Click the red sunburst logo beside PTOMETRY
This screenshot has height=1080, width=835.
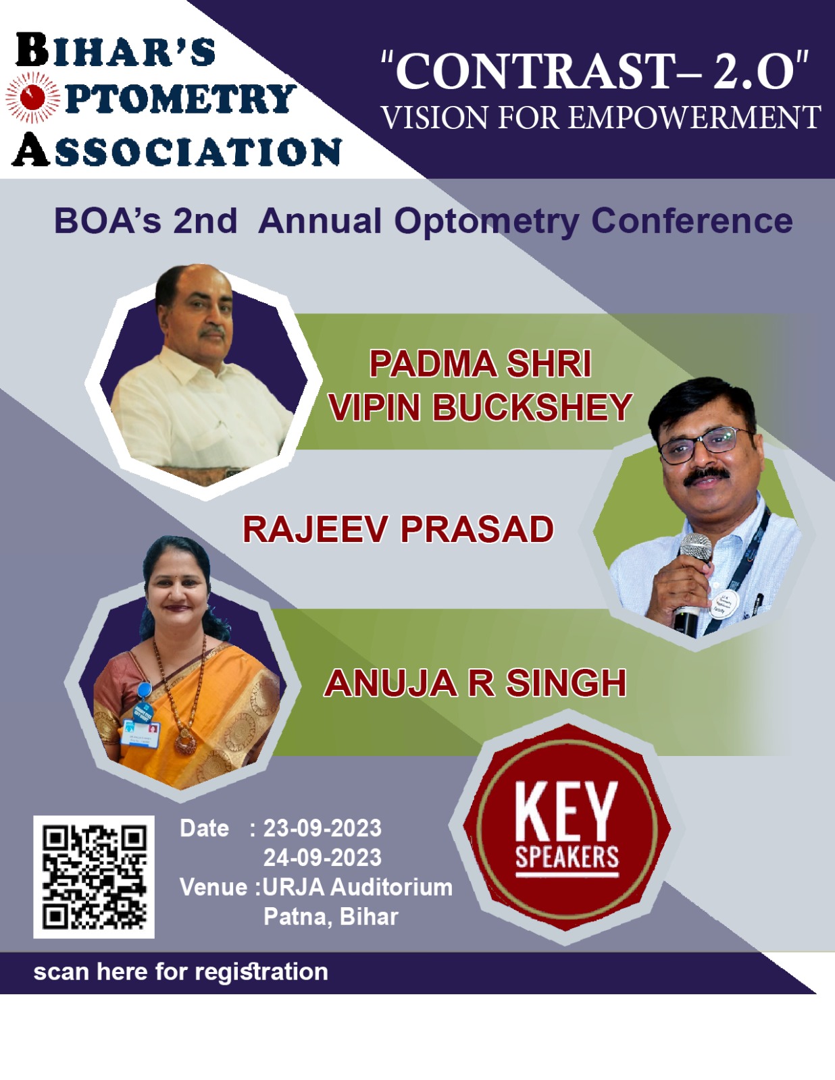(x=33, y=97)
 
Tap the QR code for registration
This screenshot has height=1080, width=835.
(x=94, y=877)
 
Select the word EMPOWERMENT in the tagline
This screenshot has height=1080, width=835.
(x=694, y=118)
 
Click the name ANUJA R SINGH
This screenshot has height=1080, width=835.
(x=475, y=683)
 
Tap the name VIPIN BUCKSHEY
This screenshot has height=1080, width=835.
(x=480, y=407)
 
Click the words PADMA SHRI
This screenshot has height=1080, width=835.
(x=480, y=364)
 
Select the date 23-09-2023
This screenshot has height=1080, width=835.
(x=322, y=828)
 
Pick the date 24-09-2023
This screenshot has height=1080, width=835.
(x=322, y=857)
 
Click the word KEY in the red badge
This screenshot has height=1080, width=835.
(x=566, y=811)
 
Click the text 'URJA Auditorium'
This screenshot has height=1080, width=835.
(x=357, y=887)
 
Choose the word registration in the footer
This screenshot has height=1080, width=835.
(x=261, y=972)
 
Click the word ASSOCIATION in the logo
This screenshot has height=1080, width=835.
(x=176, y=150)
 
